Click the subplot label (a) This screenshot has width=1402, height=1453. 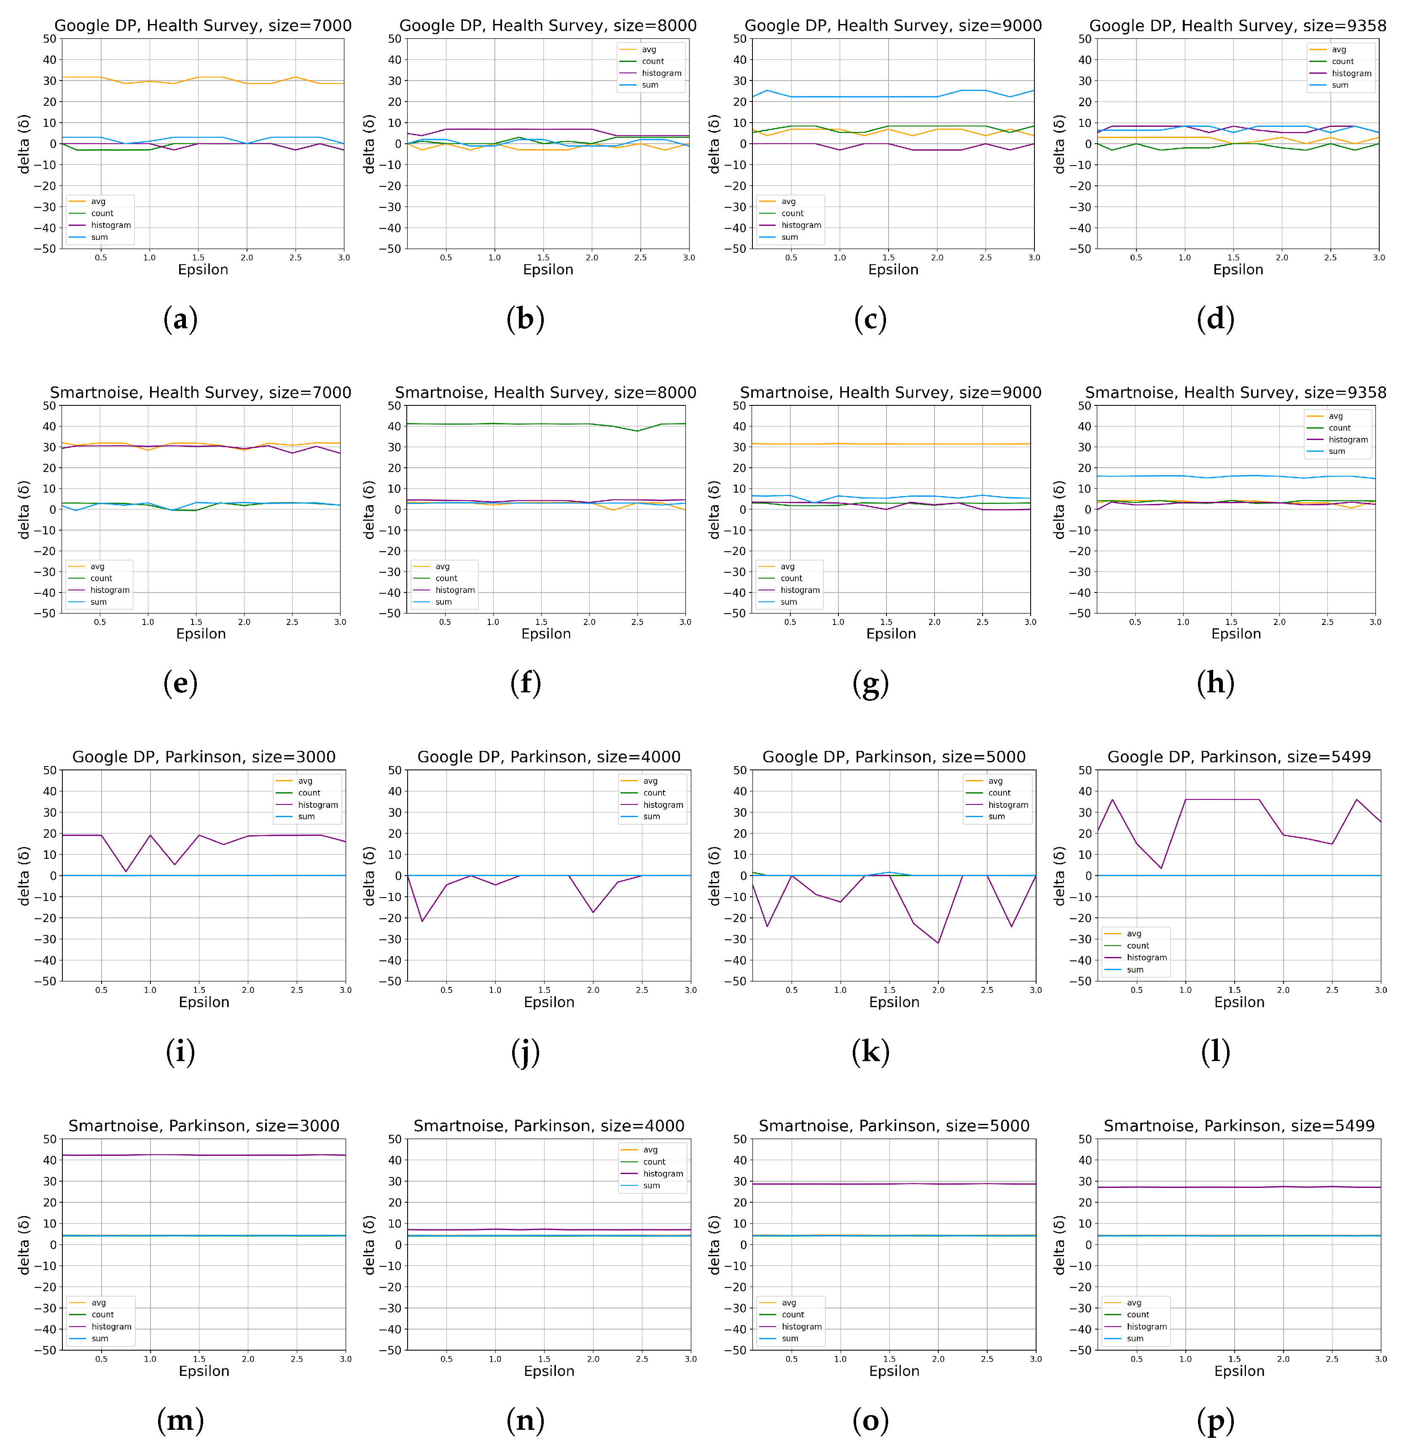[x=180, y=319]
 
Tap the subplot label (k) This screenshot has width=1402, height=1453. [x=870, y=1052]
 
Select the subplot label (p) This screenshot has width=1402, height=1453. [x=1215, y=1421]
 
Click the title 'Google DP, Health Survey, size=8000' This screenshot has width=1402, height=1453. [x=548, y=26]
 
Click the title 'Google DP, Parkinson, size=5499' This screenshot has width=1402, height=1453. [x=1239, y=757]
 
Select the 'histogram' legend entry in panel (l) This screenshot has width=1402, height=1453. [x=1146, y=958]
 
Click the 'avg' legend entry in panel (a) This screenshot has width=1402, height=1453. [x=98, y=201]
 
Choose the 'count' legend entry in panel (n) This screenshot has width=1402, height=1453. [x=654, y=1162]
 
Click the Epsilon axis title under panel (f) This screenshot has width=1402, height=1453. [x=546, y=634]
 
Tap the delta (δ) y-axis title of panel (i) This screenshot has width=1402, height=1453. [x=24, y=876]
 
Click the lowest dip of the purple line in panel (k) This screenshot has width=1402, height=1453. [x=938, y=943]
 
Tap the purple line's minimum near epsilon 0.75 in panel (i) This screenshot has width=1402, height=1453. [x=126, y=871]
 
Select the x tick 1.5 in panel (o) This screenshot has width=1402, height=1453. [x=889, y=1359]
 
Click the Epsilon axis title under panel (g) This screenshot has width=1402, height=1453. [x=890, y=634]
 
